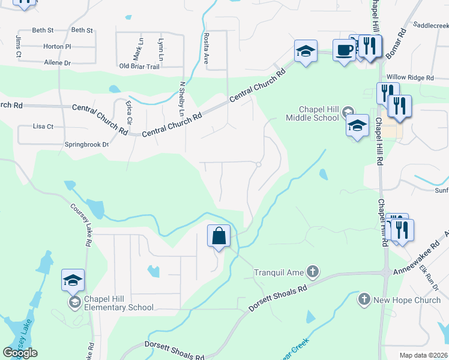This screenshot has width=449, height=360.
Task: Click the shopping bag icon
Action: click(219, 236)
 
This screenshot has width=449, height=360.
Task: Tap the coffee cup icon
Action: click(344, 50)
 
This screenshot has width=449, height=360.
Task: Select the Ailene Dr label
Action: click(58, 62)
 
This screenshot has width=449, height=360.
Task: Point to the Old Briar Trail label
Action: click(139, 67)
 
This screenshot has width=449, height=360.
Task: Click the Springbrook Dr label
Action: click(87, 145)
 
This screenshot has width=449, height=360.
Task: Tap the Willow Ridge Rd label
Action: click(410, 78)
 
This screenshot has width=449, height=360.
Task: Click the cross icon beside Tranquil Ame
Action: click(312, 272)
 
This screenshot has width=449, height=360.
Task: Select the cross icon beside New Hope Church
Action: click(364, 299)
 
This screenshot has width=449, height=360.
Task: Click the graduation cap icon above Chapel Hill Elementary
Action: click(73, 280)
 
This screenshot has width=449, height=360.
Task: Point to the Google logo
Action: click(20, 353)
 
